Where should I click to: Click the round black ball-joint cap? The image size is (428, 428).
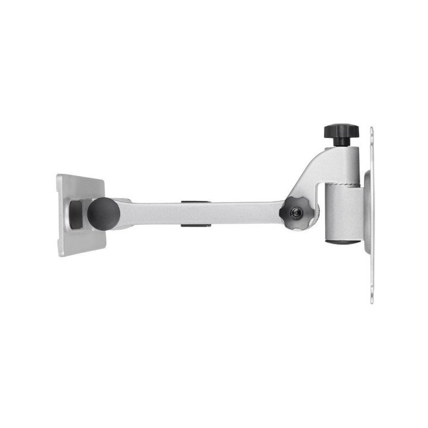tap(103, 214)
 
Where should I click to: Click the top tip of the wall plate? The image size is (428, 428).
tap(372, 130)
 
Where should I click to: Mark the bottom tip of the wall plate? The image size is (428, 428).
tap(372, 300)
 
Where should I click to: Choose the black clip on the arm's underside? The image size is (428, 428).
tap(196, 225)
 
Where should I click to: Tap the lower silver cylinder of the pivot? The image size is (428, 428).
tap(343, 213)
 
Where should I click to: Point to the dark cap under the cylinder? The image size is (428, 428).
tap(343, 241)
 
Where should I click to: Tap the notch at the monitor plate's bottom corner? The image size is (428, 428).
tap(60, 252)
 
